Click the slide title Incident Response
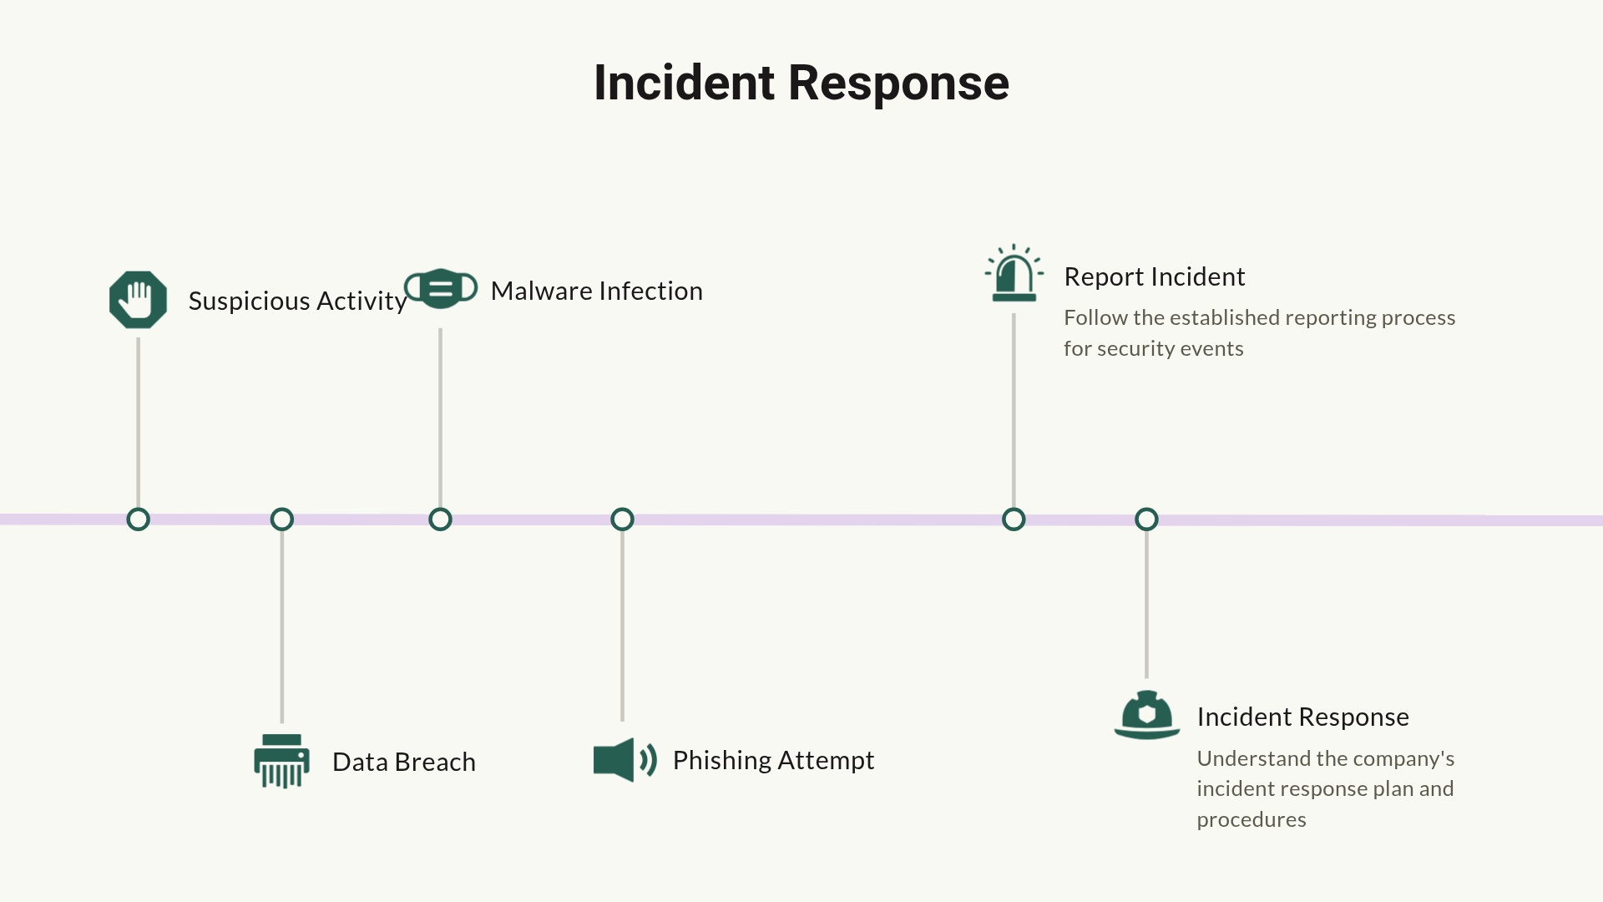click(x=801, y=83)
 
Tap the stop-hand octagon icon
click(x=138, y=300)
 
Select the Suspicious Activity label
click(x=297, y=301)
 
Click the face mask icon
click(x=441, y=289)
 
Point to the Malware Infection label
click(x=596, y=291)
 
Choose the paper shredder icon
click(x=282, y=761)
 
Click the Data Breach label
click(x=404, y=762)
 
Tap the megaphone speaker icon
click(x=624, y=760)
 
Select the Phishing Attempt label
click(x=773, y=760)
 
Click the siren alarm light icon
click(x=1014, y=274)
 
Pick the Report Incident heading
click(x=1154, y=276)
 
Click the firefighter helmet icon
click(x=1147, y=716)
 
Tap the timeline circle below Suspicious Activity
click(x=138, y=519)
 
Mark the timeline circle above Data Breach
click(x=282, y=519)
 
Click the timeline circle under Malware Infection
click(x=440, y=519)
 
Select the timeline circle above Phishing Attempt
click(x=622, y=519)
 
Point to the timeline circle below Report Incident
click(x=1014, y=519)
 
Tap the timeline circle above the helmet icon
click(x=1146, y=519)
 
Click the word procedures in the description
click(x=1251, y=819)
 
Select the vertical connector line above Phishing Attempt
click(x=622, y=626)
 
